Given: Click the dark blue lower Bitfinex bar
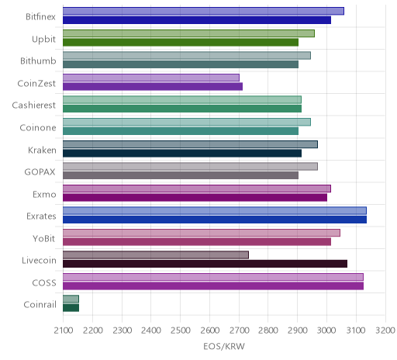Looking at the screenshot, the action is (197, 20).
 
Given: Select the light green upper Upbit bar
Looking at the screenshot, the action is (188, 33).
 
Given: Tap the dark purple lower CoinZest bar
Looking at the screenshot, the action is (153, 87).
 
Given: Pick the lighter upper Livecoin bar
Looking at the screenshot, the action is (156, 255).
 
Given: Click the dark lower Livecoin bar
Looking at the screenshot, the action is (205, 264).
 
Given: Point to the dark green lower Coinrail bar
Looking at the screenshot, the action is (71, 308).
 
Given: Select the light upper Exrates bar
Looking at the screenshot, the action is (215, 211).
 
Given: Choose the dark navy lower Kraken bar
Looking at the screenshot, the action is (182, 154).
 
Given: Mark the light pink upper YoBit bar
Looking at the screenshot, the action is (202, 233).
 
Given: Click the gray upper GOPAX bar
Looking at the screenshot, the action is (190, 167).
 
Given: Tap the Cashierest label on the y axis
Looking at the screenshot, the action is (34, 106).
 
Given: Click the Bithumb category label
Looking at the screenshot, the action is (38, 61).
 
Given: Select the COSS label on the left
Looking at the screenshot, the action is (44, 282).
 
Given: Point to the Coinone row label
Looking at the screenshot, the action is (38, 127).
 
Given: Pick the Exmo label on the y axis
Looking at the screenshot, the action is (44, 194).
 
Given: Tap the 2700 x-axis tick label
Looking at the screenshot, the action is (239, 331).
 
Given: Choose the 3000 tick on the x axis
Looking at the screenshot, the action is (326, 331).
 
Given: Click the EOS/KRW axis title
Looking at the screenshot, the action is (224, 347).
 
